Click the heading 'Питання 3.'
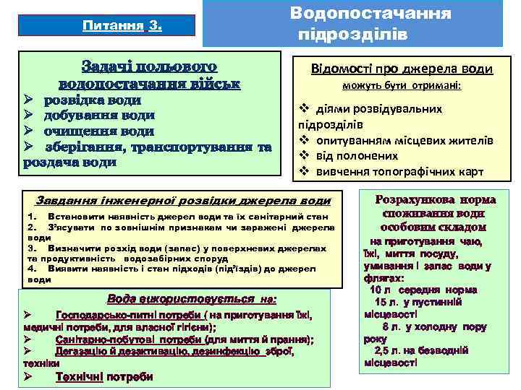122,27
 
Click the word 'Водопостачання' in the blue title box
370,13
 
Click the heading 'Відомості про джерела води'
401,69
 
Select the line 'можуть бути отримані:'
402,87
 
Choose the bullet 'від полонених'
355,155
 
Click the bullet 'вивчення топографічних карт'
394,171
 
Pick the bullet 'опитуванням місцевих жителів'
398,139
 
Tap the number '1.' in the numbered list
31,217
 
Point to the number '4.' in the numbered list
31,269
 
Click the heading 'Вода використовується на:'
192,298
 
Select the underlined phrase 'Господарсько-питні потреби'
128,315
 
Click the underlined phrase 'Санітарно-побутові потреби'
127,339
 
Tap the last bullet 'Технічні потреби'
104,376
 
